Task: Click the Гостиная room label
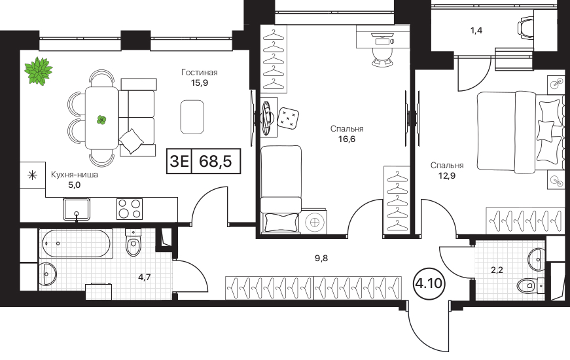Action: pos(199,73)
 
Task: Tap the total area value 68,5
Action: pos(215,161)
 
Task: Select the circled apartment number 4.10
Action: pos(429,283)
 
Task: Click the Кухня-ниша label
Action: pos(74,175)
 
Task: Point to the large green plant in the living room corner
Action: pos(38,71)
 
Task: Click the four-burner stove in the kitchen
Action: pos(130,209)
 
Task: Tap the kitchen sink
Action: pos(77,209)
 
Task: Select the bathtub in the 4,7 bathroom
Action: pos(76,243)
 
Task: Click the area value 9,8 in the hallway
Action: pos(321,258)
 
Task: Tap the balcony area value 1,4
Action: pos(476,30)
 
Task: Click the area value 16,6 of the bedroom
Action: pos(347,139)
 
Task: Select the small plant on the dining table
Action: pos(101,119)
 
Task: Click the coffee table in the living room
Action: pos(192,117)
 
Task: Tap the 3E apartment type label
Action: pos(179,161)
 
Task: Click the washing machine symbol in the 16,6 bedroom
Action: pos(315,221)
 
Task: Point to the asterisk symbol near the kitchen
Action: pos(33,175)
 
